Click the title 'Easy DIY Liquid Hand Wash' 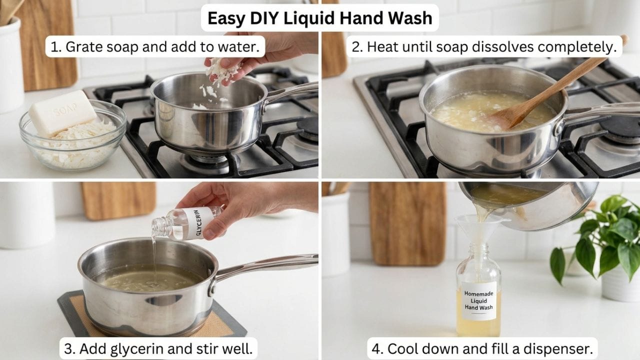tap(319, 18)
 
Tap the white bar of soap tap(62, 112)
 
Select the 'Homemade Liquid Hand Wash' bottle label tap(478, 300)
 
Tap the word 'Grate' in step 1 tap(83, 46)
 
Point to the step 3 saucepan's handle tap(265, 265)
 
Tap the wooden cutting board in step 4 tap(408, 223)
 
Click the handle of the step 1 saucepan tap(291, 92)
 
